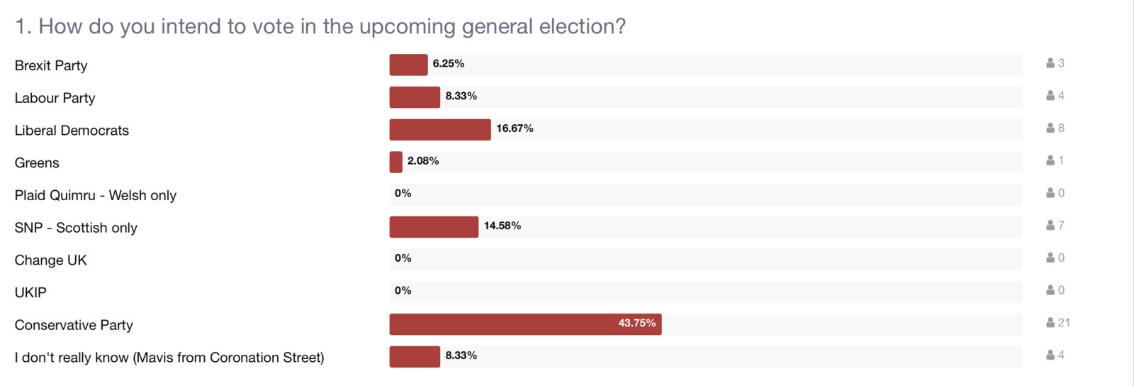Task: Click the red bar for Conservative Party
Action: [525, 324]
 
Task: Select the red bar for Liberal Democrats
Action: [440, 130]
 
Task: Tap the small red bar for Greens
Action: [395, 162]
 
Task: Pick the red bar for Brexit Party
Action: [408, 65]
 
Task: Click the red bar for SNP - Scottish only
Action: [434, 227]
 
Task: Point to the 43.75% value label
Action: [636, 323]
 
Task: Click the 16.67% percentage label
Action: [515, 128]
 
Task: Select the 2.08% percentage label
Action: [423, 161]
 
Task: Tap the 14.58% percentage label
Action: [503, 226]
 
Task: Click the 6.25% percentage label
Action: [449, 63]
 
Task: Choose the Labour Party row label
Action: [55, 98]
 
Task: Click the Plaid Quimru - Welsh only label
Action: [95, 195]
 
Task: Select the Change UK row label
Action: [50, 260]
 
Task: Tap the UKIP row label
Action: [30, 292]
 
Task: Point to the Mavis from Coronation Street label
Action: [169, 358]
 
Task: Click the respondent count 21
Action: [1064, 323]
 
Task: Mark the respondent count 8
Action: [1061, 128]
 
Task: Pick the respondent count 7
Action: [1061, 226]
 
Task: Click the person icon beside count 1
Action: [1050, 161]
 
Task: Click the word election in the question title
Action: [582, 26]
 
